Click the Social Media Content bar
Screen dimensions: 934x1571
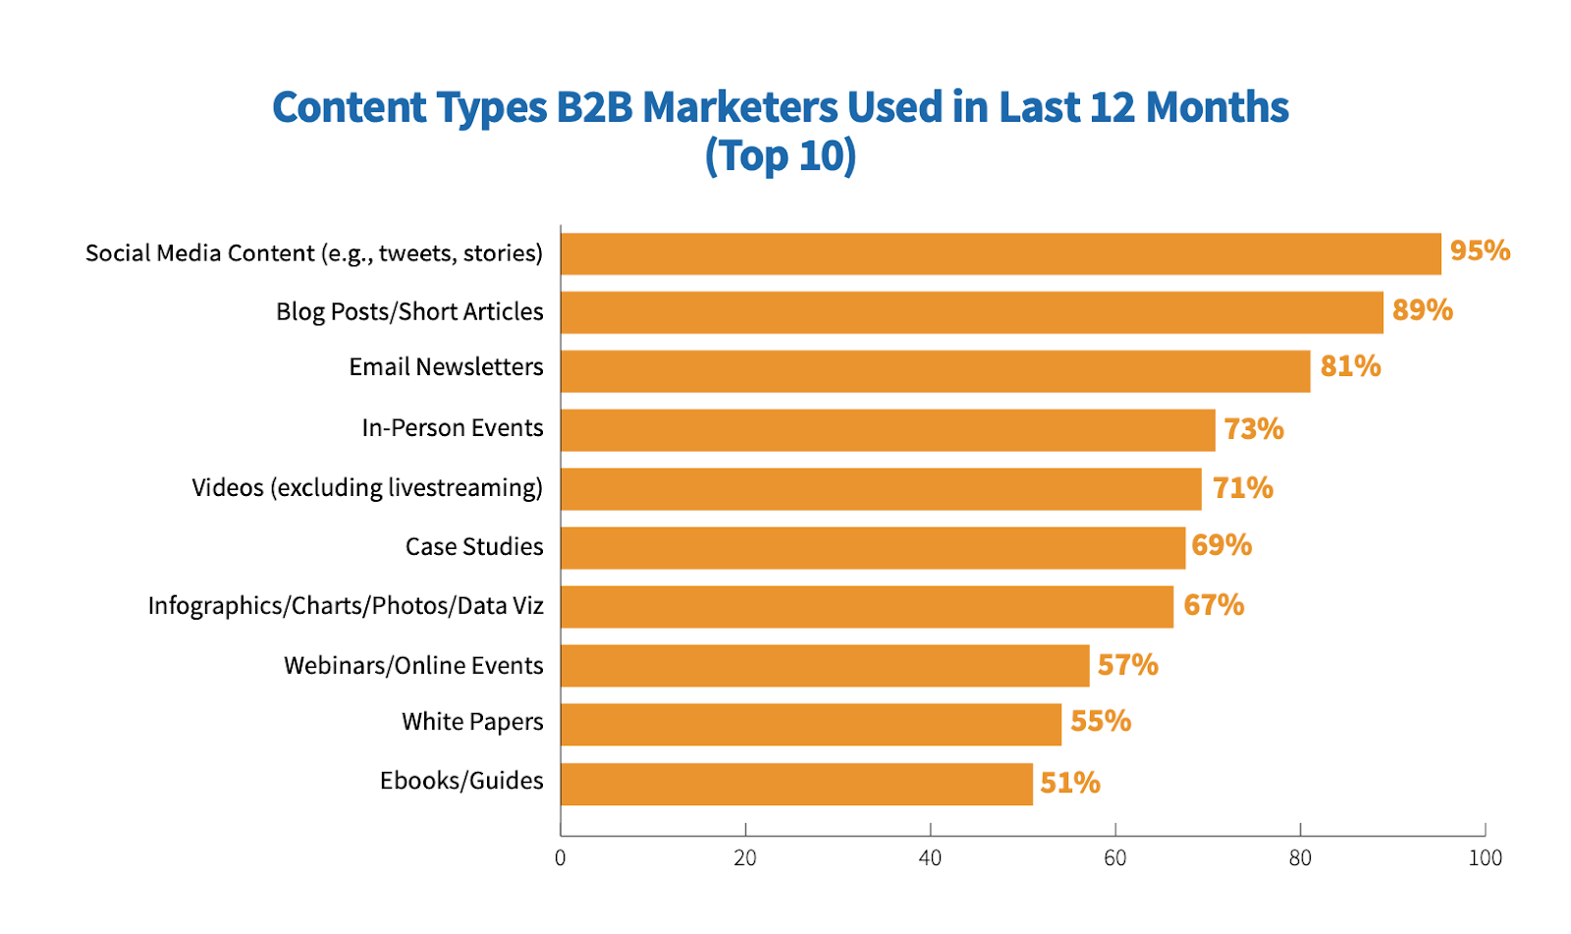[x=1000, y=253]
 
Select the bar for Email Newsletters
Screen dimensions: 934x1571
[x=935, y=371]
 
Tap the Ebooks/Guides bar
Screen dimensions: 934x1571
[x=796, y=784]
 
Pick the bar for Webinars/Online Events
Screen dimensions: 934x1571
[x=825, y=666]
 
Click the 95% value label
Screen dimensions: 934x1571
[x=1480, y=251]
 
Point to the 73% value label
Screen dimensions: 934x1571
[x=1254, y=429]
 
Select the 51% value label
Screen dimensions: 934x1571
[x=1070, y=783]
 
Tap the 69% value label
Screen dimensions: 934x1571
[x=1221, y=545]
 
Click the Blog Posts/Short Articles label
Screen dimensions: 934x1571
[x=409, y=311]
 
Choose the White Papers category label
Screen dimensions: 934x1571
[x=472, y=722]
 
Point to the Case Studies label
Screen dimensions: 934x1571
[x=474, y=546]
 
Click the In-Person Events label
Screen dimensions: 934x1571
[x=452, y=428]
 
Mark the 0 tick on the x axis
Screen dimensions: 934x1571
[x=561, y=858]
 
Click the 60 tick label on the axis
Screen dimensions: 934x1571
[x=1115, y=858]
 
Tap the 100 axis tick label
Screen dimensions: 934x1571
[x=1485, y=858]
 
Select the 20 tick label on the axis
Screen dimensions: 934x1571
[x=745, y=858]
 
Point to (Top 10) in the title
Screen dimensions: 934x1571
[x=781, y=156]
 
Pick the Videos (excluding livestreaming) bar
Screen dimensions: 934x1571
[x=881, y=489]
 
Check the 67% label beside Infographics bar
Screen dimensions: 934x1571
[x=1214, y=605]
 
